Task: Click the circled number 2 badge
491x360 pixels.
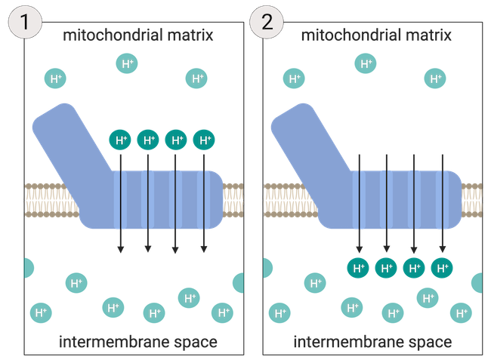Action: pos(266,20)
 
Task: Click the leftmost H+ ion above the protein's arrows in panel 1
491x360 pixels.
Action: pos(120,140)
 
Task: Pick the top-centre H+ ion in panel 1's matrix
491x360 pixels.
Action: pos(127,64)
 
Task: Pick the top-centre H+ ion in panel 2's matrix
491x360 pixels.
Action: pos(366,64)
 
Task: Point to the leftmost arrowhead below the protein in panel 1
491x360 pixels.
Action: pos(120,250)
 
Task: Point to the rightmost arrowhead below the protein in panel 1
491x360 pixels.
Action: pos(204,250)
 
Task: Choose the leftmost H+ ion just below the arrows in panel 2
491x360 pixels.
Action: pos(358,267)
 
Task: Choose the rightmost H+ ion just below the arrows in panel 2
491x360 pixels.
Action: pos(442,267)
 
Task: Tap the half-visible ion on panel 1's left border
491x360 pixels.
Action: pos(29,267)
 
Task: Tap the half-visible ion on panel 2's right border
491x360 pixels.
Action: pos(477,283)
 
